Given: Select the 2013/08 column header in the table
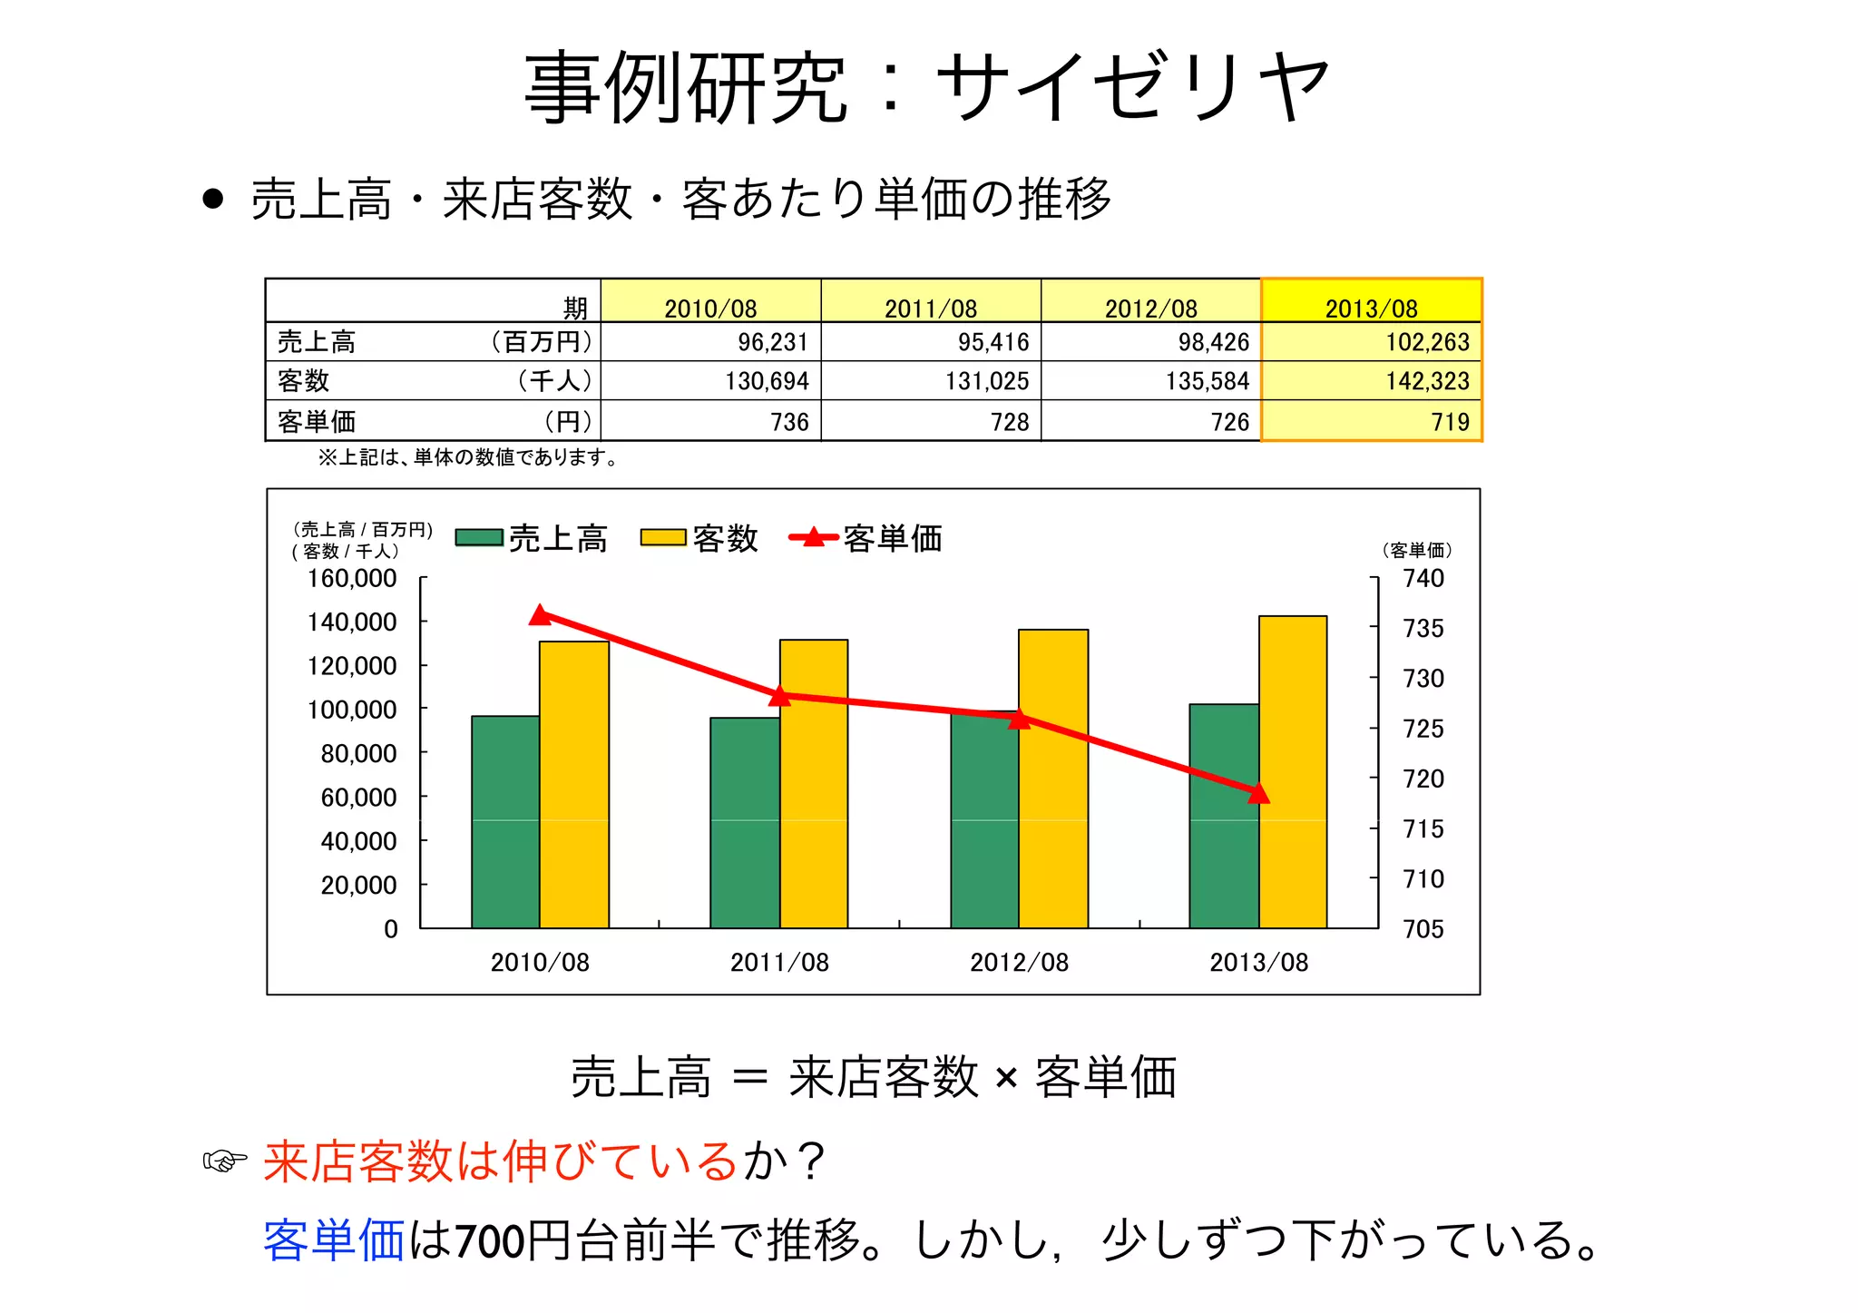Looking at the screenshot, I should click(1371, 308).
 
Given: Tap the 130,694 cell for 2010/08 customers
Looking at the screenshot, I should click(767, 381).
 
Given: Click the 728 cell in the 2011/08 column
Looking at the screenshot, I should click(1009, 422).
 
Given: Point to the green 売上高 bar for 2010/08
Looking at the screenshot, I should click(505, 821).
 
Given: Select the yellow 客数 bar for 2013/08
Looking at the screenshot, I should click(1293, 771).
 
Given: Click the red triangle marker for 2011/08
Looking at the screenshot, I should click(779, 696).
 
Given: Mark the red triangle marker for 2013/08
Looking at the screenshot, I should click(1258, 794).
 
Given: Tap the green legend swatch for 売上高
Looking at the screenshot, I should click(479, 538).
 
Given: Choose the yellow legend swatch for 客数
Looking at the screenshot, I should click(663, 538).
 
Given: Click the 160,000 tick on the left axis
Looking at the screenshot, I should click(352, 578).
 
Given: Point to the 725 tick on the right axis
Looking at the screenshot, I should click(1423, 729).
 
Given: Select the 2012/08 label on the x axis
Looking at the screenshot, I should click(1019, 962).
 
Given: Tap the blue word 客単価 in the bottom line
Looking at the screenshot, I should click(333, 1240).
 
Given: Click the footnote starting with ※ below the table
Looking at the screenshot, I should click(468, 457).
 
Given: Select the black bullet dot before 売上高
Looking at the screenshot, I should click(213, 199).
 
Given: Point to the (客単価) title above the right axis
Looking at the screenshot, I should click(1417, 550).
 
